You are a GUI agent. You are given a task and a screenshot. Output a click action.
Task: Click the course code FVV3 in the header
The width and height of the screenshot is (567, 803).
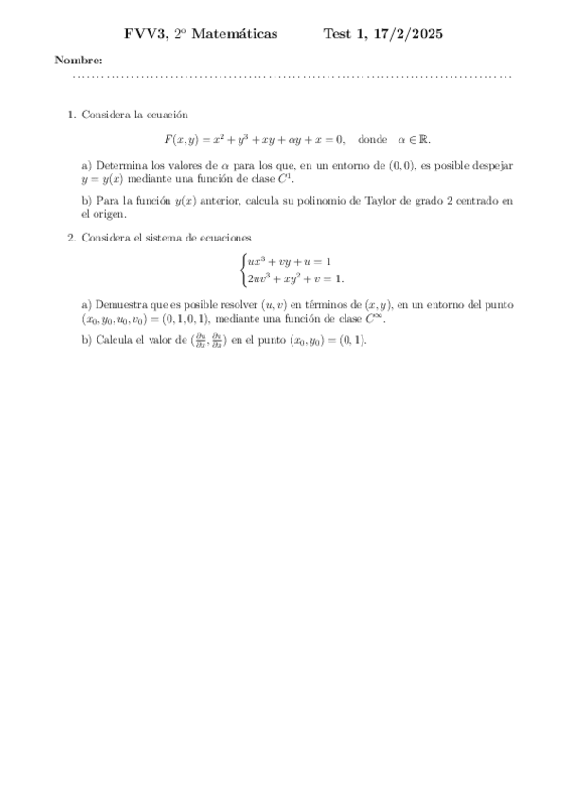145,34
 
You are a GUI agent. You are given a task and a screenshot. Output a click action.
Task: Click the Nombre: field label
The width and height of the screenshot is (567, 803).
79,61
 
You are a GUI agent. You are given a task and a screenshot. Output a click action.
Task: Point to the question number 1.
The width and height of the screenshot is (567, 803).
71,115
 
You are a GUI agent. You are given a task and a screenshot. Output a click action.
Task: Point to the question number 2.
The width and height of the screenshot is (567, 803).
71,237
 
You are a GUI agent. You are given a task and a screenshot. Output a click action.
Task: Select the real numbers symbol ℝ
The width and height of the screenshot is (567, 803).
424,139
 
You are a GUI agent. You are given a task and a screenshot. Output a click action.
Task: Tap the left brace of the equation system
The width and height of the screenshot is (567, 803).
243,269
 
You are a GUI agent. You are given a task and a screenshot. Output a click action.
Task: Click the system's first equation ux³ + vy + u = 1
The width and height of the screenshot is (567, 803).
290,260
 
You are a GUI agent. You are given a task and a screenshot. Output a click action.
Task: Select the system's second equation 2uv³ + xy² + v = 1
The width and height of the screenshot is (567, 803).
296,278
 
